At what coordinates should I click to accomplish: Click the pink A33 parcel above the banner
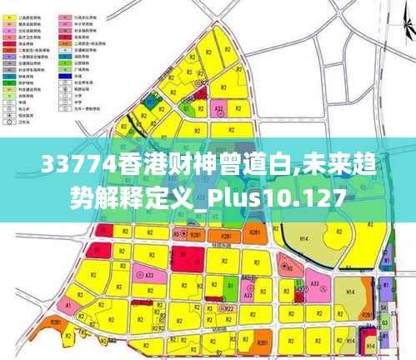219,109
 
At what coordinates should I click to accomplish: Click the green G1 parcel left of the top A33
191,109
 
